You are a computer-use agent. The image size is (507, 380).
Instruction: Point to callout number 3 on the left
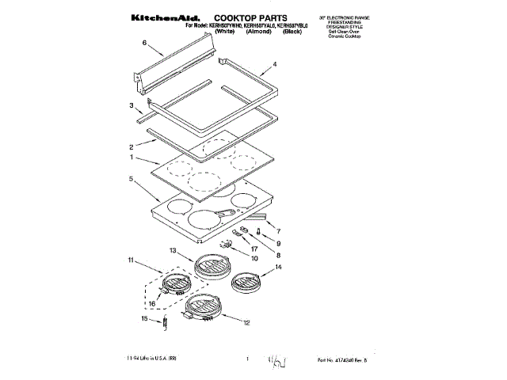point(131,104)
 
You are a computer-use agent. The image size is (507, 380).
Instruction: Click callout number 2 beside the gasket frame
point(131,146)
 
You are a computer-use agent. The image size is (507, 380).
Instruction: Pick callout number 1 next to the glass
point(131,158)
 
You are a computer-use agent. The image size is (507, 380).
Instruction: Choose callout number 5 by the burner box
point(131,179)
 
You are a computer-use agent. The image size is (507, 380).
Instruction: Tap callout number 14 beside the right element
point(277,269)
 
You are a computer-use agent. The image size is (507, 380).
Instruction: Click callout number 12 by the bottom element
point(246,323)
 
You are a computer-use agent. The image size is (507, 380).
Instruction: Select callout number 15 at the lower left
point(144,318)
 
